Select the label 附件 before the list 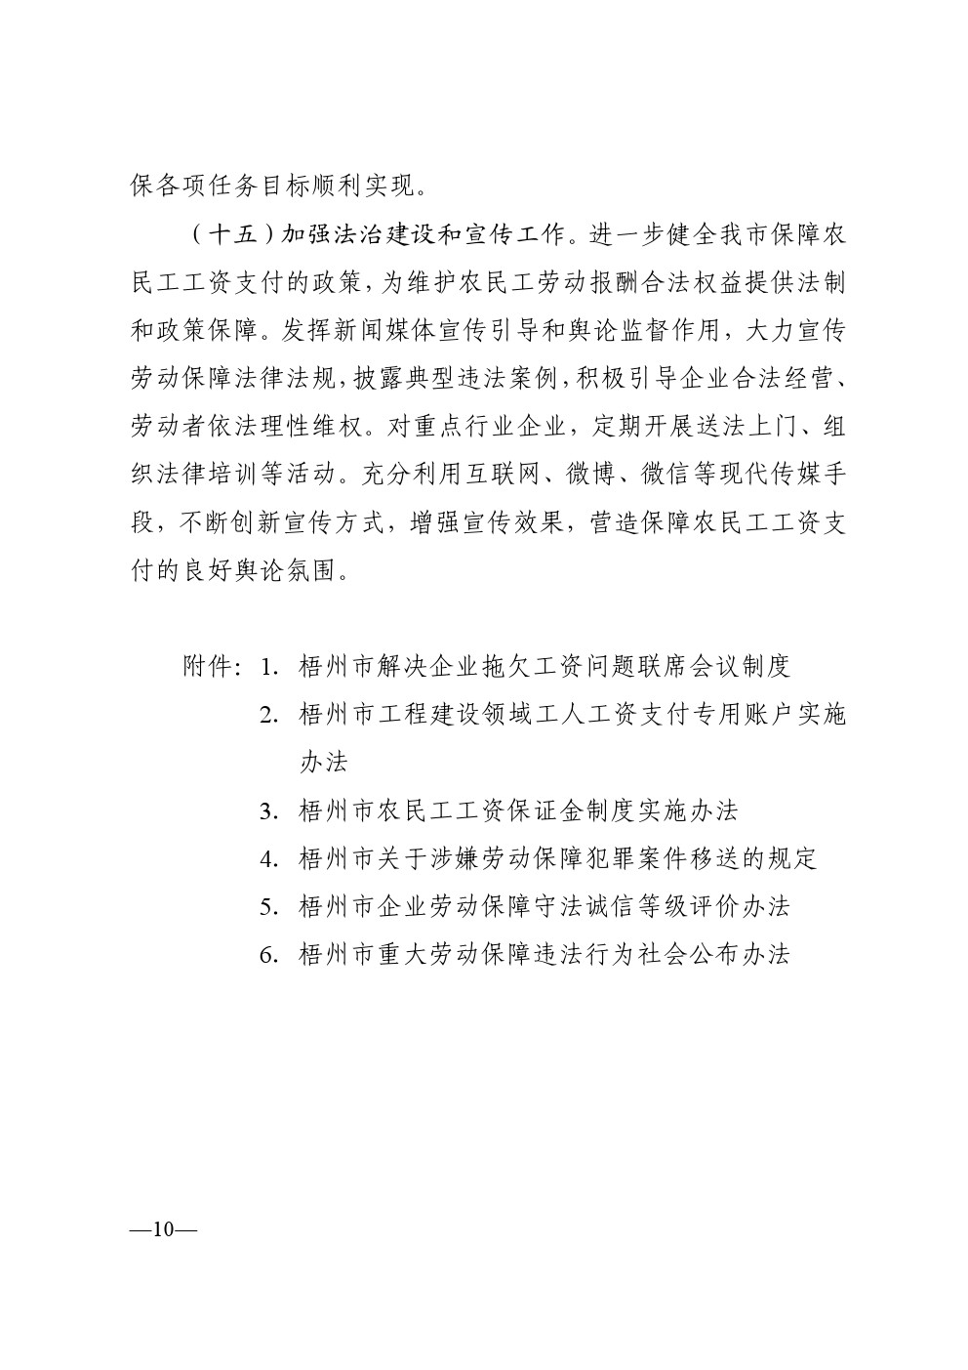click(x=207, y=667)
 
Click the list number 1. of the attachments click(x=271, y=668)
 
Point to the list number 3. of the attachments click(x=271, y=811)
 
